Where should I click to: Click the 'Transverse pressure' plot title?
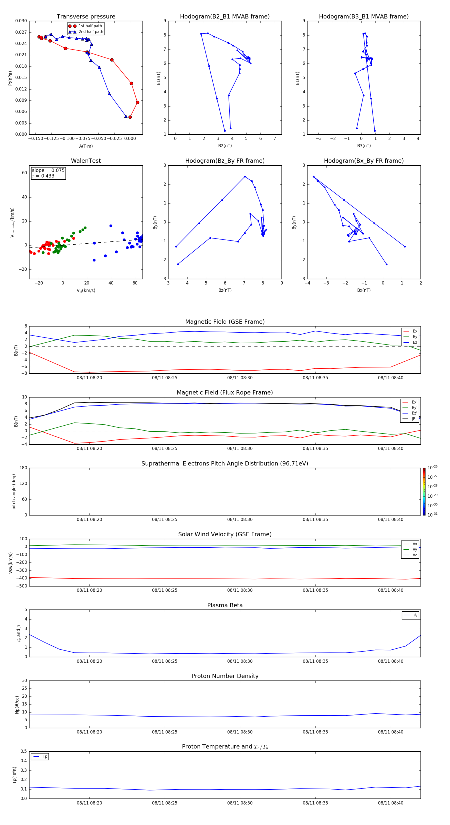(86, 17)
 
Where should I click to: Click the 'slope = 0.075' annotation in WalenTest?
(48, 170)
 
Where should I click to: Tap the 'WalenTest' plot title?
(86, 161)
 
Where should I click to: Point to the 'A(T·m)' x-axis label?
(86, 146)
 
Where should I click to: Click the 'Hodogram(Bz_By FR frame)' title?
(225, 161)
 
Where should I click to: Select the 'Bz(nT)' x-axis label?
(225, 290)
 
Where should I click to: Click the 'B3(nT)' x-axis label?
(364, 146)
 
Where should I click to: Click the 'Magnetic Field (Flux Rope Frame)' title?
(225, 393)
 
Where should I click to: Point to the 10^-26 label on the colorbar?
(432, 467)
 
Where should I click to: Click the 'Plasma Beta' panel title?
(225, 605)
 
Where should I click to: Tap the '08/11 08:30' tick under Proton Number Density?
(240, 732)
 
